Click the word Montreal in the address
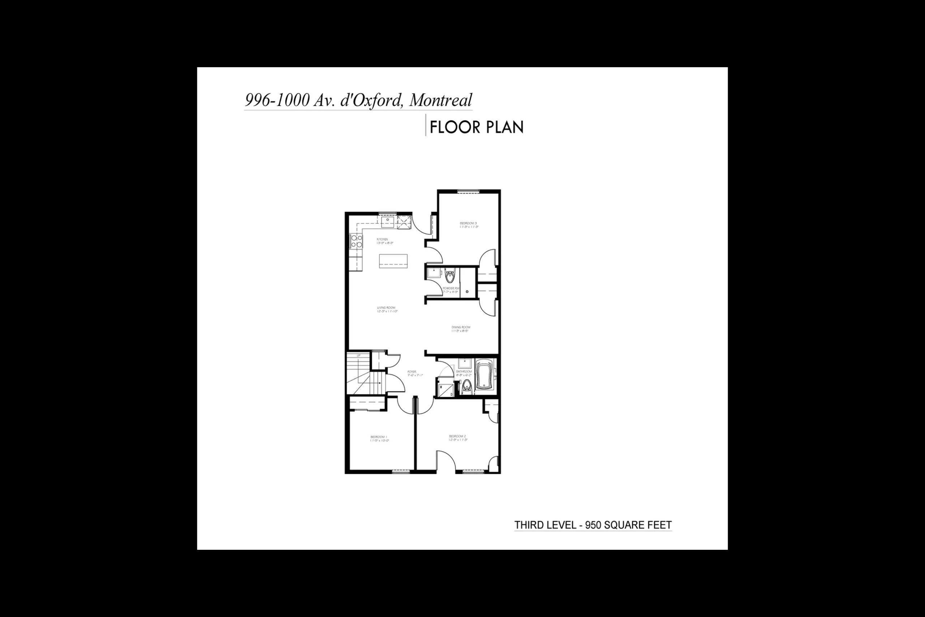coord(440,100)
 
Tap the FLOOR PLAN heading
coord(476,128)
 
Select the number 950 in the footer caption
coord(593,525)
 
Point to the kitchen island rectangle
coord(393,261)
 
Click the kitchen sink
coord(388,222)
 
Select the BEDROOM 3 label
coord(468,223)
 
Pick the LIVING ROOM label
coord(386,308)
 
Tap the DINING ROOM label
coord(461,327)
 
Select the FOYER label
coord(412,372)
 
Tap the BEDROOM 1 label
coord(379,437)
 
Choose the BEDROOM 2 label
coord(457,436)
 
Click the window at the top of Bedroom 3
coord(468,192)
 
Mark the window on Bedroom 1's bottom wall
coord(401,471)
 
